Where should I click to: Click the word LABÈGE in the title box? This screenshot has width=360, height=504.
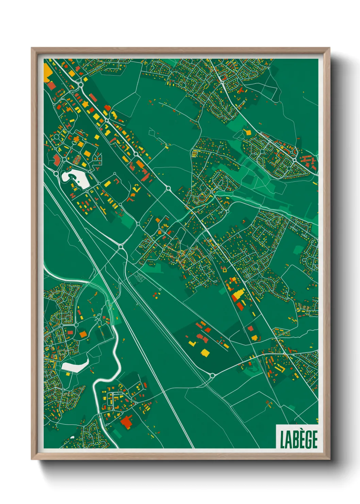tap(298, 439)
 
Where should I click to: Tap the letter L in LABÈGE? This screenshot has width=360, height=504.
tap(282, 439)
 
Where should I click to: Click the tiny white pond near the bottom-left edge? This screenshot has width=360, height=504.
tap(72, 437)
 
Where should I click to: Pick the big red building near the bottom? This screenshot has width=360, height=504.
tap(127, 422)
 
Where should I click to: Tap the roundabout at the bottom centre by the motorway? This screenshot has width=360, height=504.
tap(212, 376)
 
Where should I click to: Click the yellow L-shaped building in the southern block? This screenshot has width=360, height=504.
tap(192, 343)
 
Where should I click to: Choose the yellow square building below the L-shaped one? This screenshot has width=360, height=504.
tap(205, 352)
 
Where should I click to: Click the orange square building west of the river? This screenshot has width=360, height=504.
tap(83, 334)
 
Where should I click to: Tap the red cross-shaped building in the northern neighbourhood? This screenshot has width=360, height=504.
tap(241, 90)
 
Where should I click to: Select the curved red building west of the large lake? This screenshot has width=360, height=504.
tap(56, 159)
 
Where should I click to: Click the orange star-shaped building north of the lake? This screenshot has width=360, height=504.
tap(76, 139)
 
